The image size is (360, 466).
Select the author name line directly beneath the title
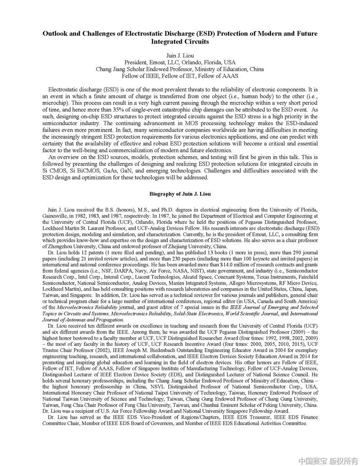tap(180, 55)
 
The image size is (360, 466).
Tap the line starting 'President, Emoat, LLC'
tap(180, 62)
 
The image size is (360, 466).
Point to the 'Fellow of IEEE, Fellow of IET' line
tap(180, 77)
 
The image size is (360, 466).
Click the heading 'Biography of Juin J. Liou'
tap(180, 194)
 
